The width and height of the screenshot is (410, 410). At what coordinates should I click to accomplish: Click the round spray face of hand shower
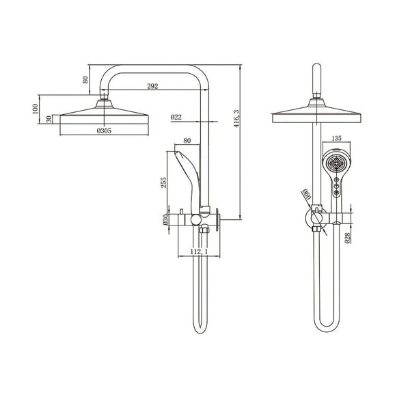[335, 164]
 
